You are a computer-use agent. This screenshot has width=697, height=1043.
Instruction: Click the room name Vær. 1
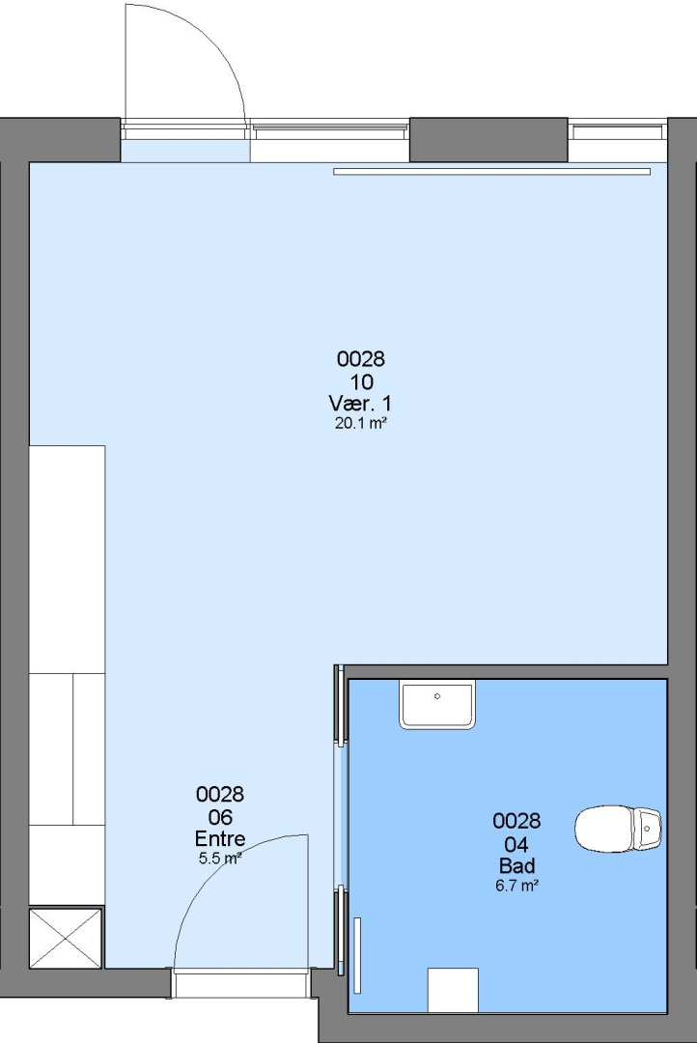point(360,403)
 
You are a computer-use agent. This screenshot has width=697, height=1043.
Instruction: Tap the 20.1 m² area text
point(361,423)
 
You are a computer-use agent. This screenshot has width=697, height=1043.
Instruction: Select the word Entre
point(220,838)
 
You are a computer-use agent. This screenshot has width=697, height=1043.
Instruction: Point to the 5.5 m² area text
point(220,859)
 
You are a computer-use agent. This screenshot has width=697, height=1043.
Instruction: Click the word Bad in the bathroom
point(516,865)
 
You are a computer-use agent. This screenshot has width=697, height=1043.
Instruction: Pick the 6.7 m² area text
point(516,886)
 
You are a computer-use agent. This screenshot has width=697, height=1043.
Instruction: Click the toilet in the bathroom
point(618,829)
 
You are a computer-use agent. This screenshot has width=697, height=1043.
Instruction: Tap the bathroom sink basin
point(437,704)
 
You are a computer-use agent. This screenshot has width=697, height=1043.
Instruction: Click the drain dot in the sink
point(437,696)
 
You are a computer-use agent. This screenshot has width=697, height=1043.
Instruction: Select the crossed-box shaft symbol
point(66,938)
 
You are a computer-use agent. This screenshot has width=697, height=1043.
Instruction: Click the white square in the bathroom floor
point(453,990)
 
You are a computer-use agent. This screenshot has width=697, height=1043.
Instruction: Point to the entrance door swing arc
point(212,864)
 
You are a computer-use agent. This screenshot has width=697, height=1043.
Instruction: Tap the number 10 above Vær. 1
point(361,381)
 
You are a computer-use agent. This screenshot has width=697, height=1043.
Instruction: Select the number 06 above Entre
point(220,816)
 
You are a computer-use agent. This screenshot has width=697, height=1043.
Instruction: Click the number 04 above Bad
point(516,844)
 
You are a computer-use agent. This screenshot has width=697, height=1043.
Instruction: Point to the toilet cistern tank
point(647,829)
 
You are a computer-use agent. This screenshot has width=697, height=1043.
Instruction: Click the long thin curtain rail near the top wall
point(492,172)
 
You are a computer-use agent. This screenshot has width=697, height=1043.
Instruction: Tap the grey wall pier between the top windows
point(488,140)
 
